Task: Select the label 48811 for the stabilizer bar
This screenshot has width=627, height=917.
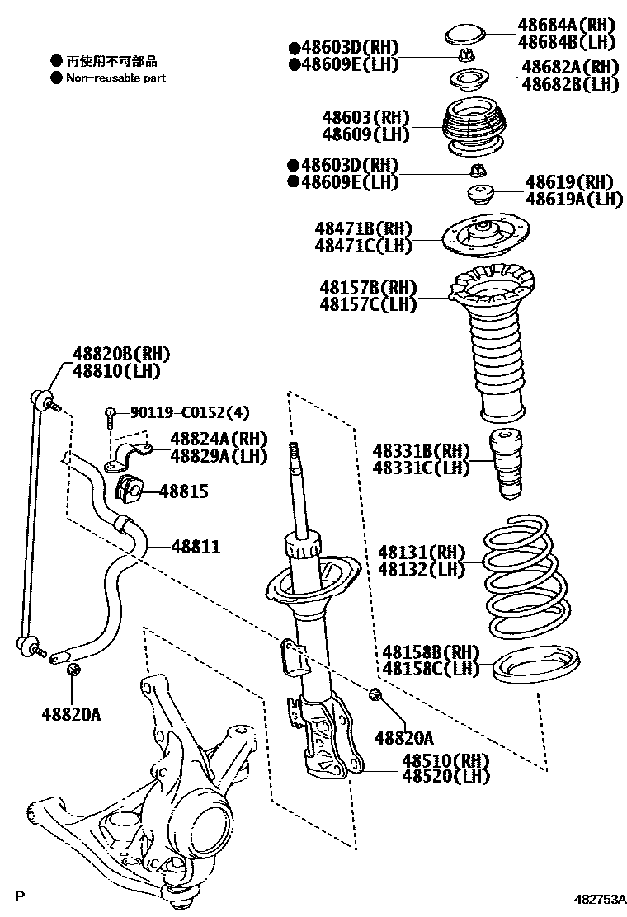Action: [x=196, y=546]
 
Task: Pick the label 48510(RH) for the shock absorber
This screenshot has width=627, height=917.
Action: [x=445, y=760]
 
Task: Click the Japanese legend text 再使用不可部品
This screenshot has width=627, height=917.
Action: [x=111, y=61]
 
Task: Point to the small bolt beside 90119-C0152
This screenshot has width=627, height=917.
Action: [x=110, y=416]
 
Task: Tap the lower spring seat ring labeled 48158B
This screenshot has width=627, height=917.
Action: [x=537, y=664]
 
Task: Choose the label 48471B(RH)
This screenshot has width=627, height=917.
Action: [x=362, y=228]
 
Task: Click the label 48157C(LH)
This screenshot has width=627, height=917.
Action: [x=368, y=304]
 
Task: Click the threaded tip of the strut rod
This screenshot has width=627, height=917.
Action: [x=292, y=454]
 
